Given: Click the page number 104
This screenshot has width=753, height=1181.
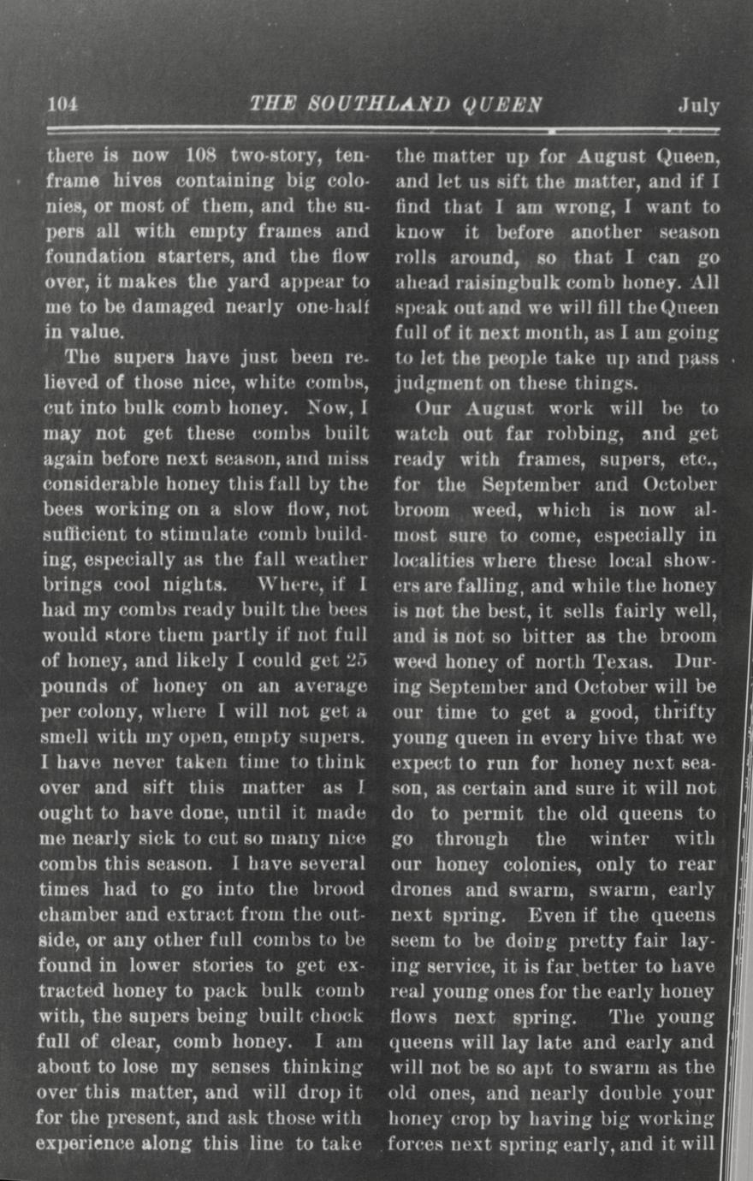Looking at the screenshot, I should click(62, 104).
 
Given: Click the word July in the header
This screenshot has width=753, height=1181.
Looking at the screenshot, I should click(699, 106).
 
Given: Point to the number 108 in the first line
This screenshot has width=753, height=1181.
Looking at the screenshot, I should click(203, 157).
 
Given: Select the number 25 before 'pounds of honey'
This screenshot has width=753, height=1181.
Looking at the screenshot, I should click(357, 661).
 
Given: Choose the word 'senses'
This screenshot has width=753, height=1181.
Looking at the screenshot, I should click(234, 1067).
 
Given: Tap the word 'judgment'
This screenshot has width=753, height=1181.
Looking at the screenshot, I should click(437, 383).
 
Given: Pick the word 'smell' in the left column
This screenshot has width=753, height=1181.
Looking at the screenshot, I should click(63, 737).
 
